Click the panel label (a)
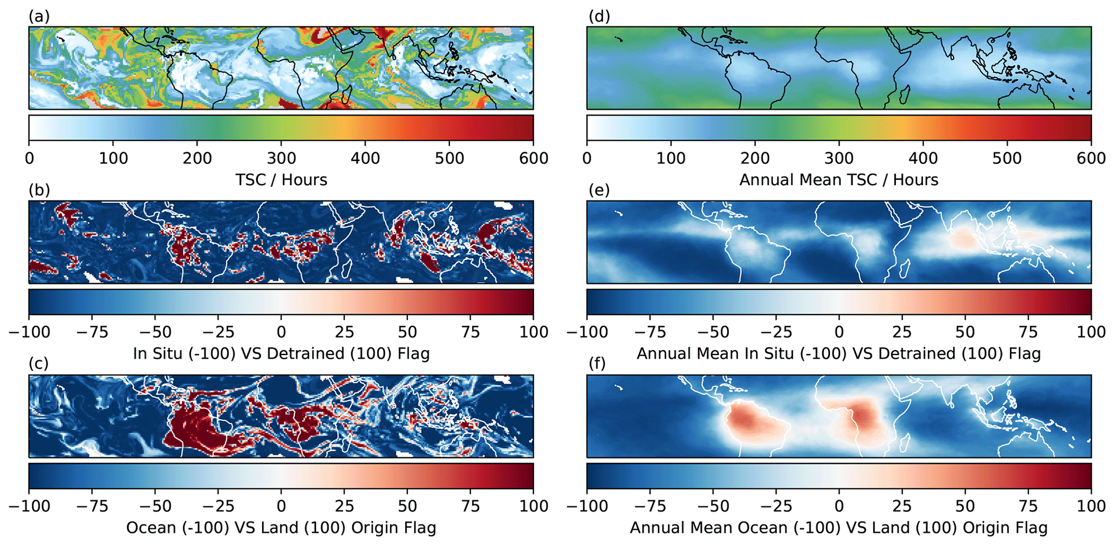pos(39,17)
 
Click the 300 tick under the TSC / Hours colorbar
pos(282,158)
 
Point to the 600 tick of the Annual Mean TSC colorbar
pos(1091,158)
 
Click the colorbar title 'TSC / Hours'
pos(281,180)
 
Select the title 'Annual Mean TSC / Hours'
pos(839,180)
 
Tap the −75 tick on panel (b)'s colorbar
pos(92,332)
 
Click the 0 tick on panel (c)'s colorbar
pos(281,506)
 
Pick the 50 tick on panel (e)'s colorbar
pos(965,332)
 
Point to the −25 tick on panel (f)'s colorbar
pos(776,506)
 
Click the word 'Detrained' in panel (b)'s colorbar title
pos(305,354)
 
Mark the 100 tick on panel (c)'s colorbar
pos(533,506)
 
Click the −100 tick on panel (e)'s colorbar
pos(587,332)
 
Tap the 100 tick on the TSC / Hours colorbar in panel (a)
pos(113,158)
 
